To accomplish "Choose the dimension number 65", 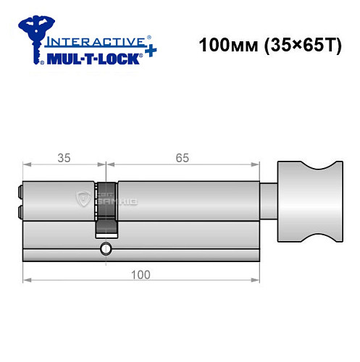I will coord(185,155).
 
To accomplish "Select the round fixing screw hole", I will coord(106,250).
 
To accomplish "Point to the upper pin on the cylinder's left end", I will coord(18,194).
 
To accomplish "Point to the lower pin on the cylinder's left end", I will coord(18,212).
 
